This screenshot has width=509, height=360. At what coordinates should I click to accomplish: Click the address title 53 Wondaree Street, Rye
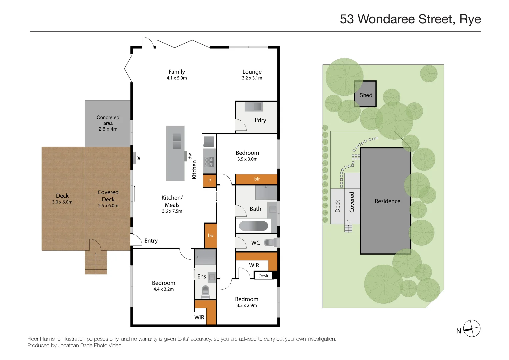[410, 19]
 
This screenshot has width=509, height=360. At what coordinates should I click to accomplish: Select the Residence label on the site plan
[387, 201]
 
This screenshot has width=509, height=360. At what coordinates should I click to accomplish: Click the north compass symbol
[472, 329]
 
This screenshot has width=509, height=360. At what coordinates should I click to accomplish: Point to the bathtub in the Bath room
[254, 226]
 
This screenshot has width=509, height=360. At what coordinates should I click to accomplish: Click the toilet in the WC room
[269, 243]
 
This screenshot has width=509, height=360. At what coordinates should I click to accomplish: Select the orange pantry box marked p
[210, 180]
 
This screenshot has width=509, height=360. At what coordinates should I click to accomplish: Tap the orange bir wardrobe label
[257, 179]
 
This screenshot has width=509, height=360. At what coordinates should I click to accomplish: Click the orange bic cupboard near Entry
[211, 235]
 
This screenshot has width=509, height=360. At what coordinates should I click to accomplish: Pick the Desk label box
[263, 276]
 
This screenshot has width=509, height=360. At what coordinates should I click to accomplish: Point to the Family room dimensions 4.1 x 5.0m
[177, 78]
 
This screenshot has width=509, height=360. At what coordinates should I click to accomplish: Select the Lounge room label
[252, 72]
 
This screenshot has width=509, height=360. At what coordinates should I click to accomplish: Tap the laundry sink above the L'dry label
[254, 107]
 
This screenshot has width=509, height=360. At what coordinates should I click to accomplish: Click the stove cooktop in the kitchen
[209, 162]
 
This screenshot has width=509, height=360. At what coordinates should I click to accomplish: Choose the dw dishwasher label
[190, 156]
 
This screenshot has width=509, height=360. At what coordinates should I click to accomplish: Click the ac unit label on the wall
[139, 158]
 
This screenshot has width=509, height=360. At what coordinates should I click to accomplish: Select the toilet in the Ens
[205, 291]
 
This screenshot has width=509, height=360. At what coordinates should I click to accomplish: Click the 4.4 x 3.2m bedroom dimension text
[163, 289]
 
